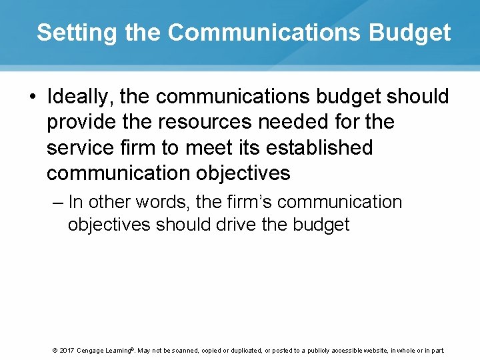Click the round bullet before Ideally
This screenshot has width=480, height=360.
(x=33, y=97)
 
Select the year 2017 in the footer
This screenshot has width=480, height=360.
(x=66, y=350)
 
